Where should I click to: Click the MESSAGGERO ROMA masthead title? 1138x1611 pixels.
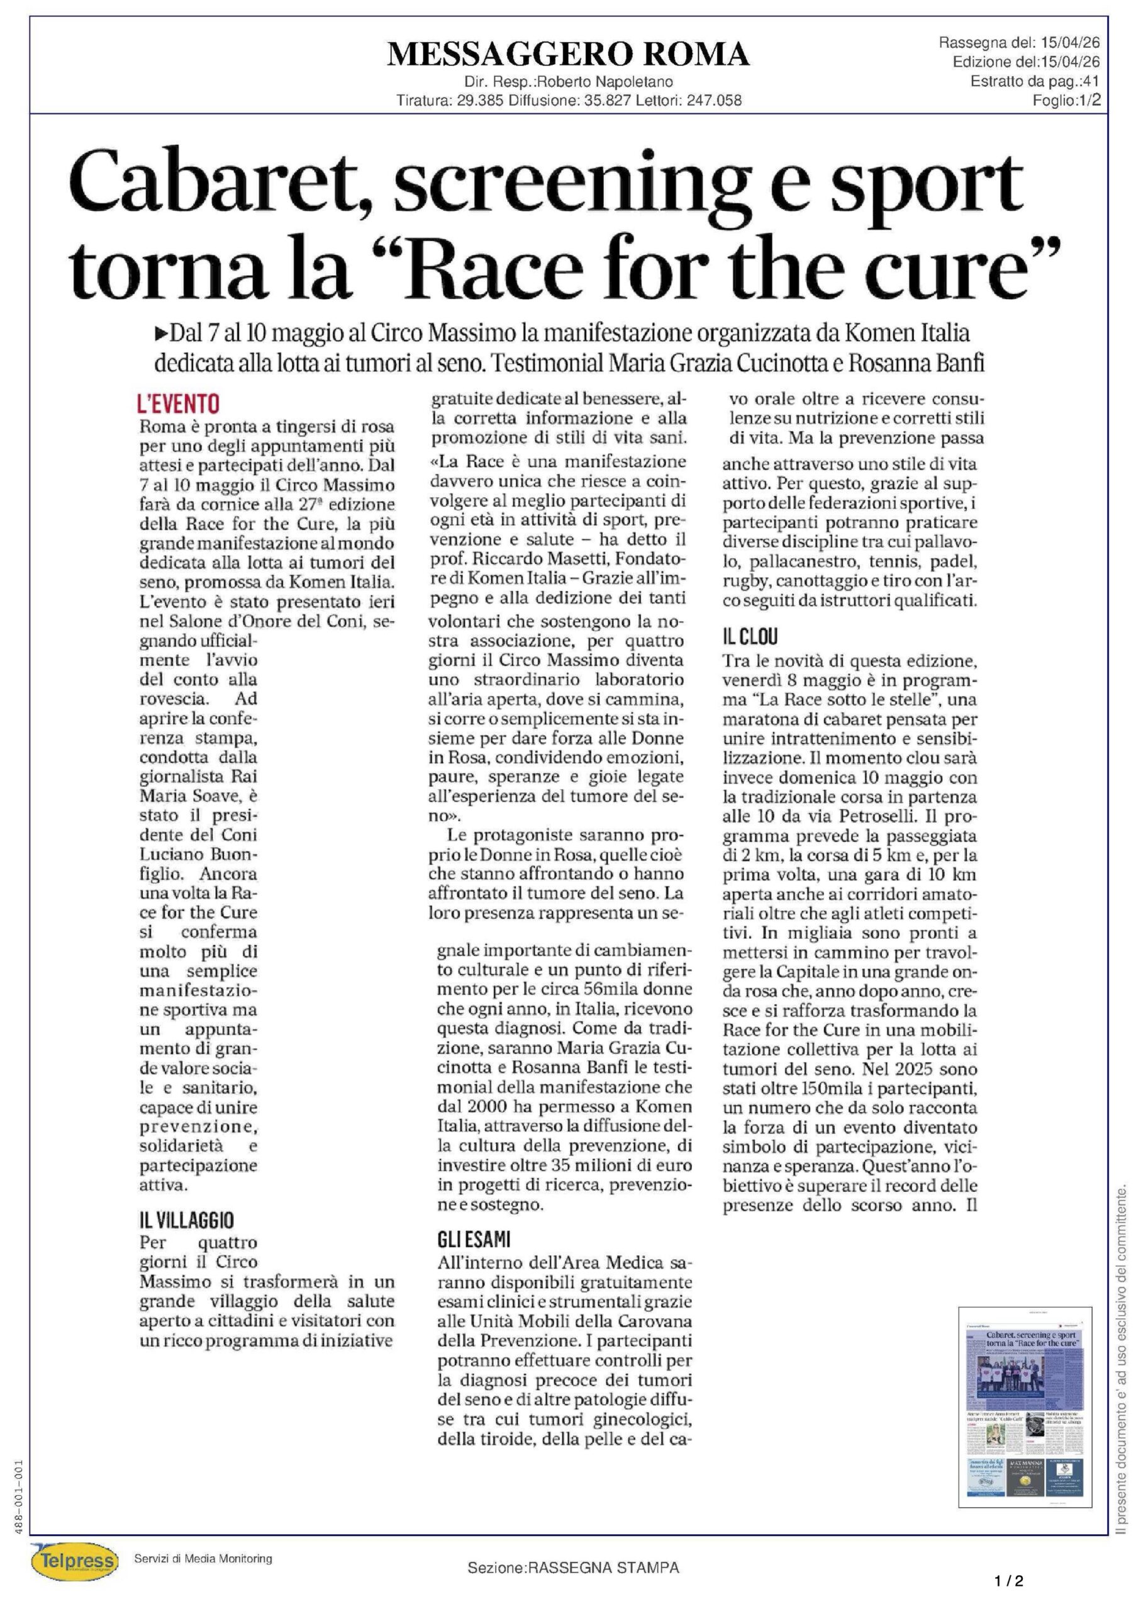tap(568, 54)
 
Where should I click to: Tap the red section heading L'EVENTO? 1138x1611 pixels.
tap(178, 403)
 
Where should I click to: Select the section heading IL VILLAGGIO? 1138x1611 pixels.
tap(187, 1220)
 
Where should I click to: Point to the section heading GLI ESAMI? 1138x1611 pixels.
tap(474, 1239)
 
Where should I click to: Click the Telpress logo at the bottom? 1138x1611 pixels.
tap(72, 1561)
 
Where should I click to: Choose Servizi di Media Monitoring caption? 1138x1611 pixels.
tap(203, 1558)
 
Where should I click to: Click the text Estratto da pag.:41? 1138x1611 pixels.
tap(1035, 81)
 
